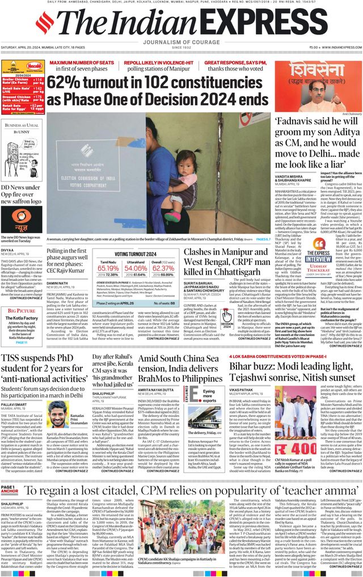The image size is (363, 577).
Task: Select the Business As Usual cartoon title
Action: coord(22,125)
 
